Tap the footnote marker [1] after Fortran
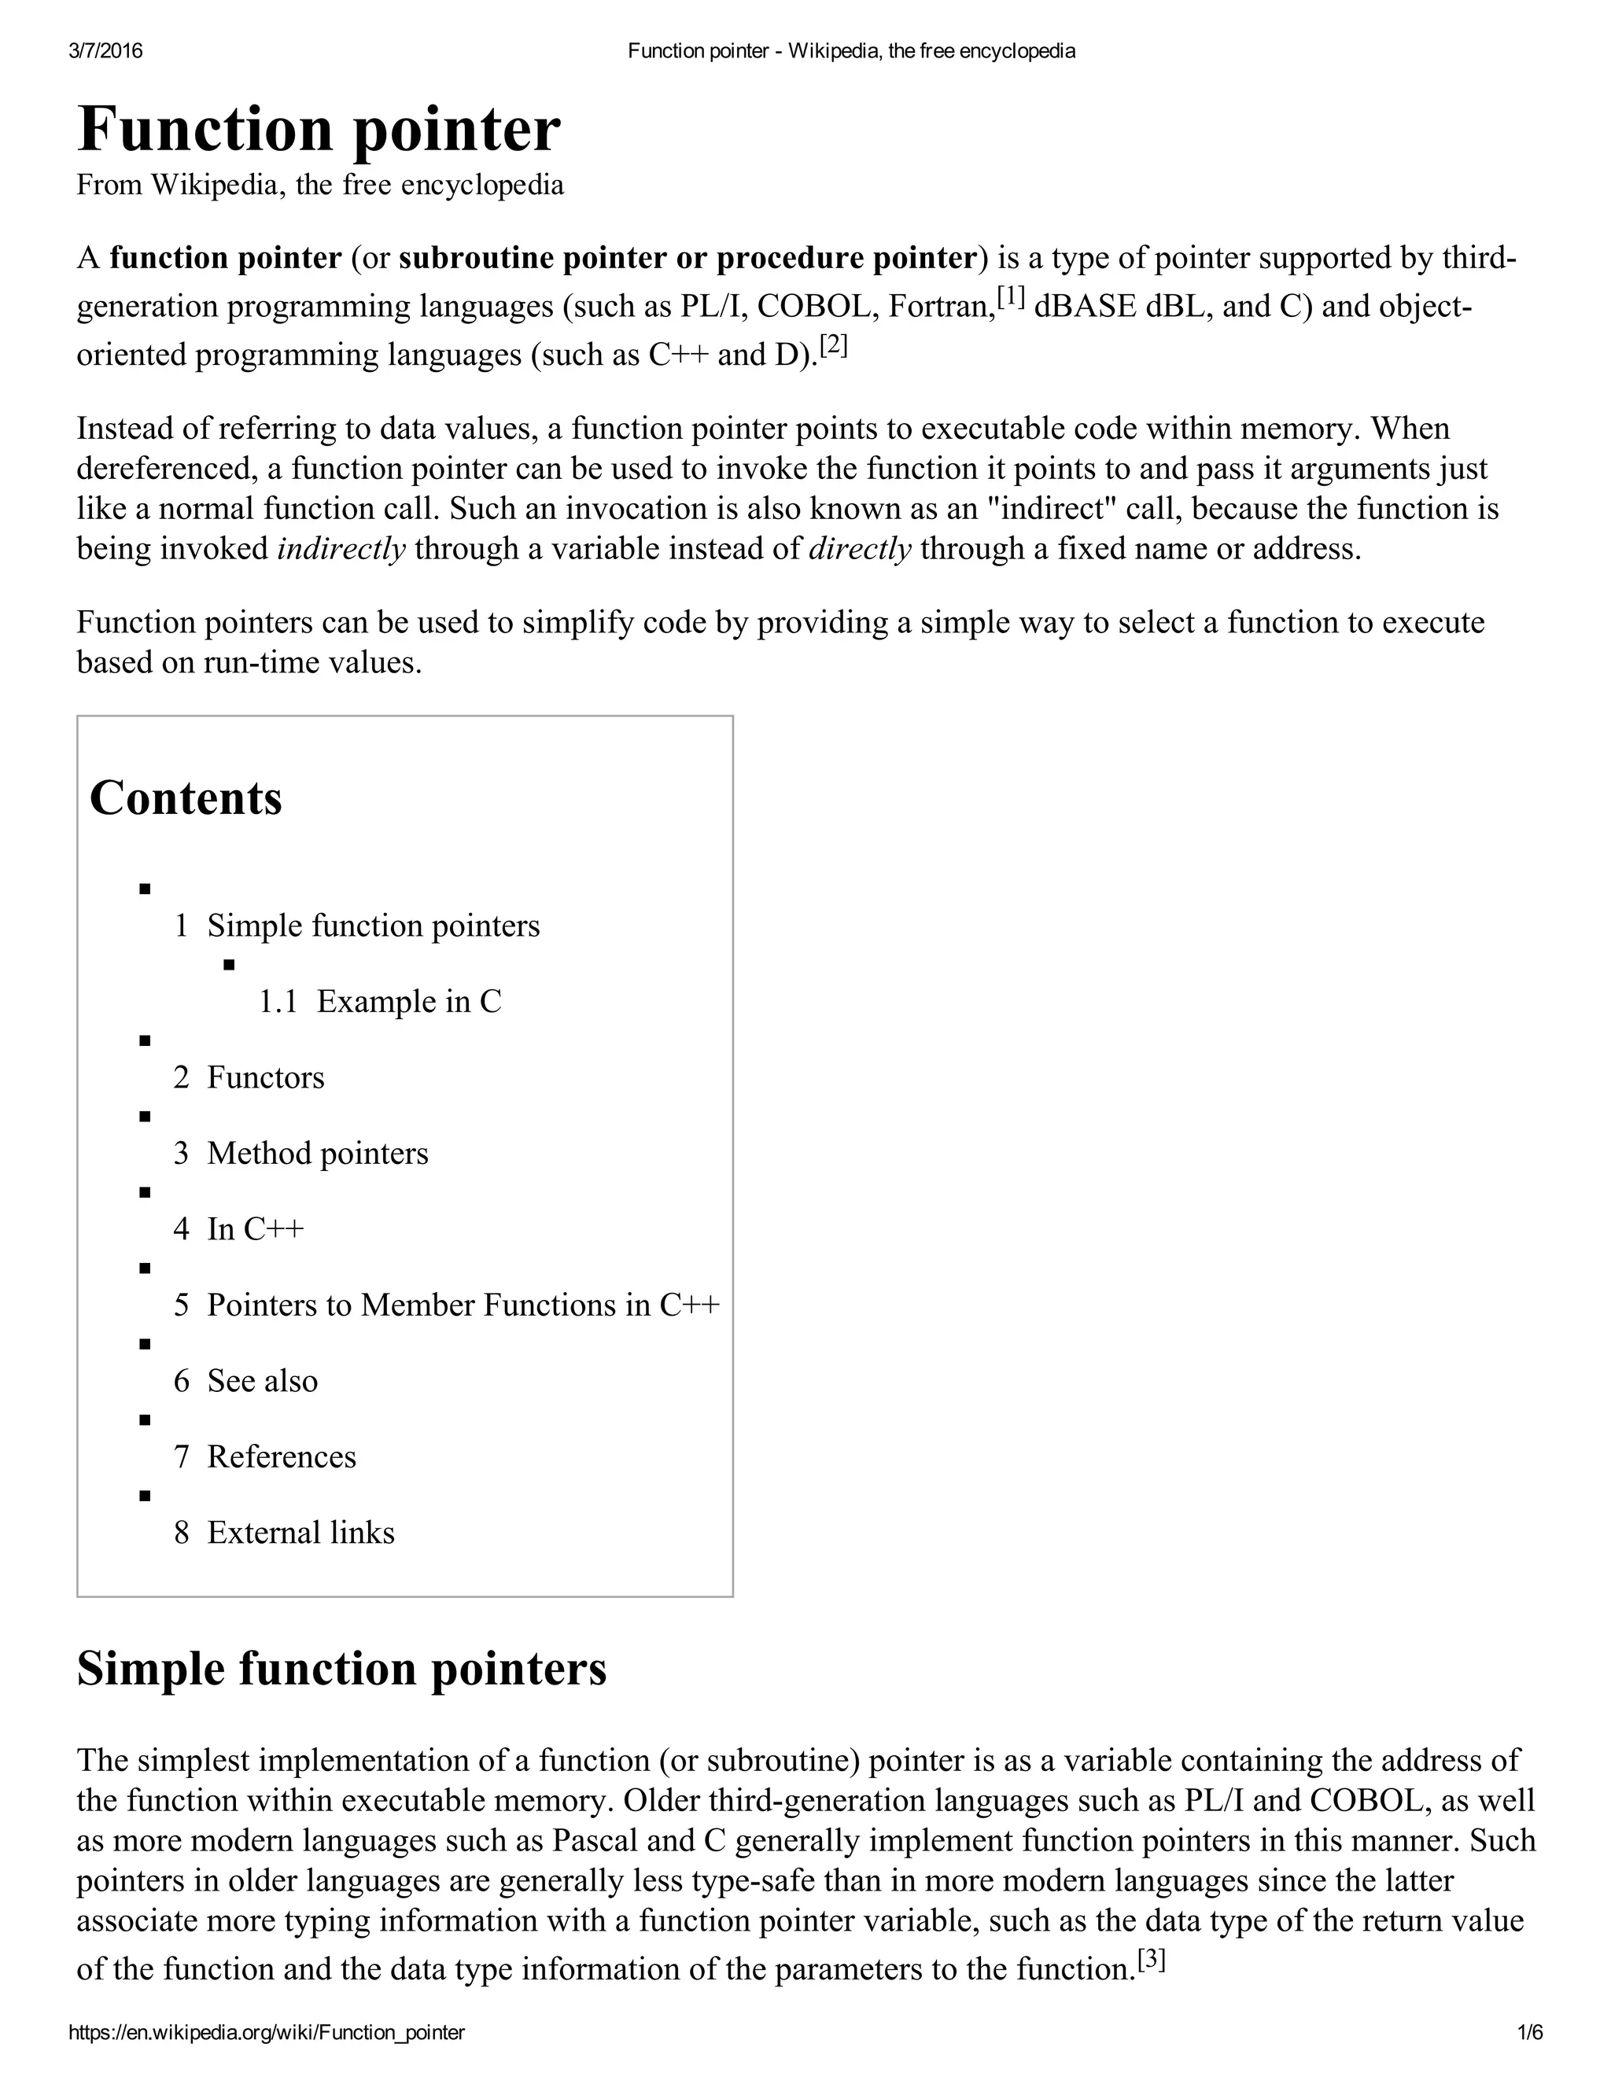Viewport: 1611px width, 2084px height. pyautogui.click(x=1011, y=299)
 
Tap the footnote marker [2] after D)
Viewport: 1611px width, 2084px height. pyautogui.click(x=833, y=345)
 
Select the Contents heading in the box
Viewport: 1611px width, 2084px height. pyautogui.click(x=186, y=797)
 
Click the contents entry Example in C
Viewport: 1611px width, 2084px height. pyautogui.click(x=408, y=1001)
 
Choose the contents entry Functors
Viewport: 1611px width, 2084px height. pyautogui.click(x=265, y=1077)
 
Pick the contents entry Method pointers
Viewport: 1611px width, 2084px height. pyautogui.click(x=317, y=1153)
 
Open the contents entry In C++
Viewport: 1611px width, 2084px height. pyautogui.click(x=255, y=1229)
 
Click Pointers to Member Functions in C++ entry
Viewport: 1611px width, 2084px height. pyautogui.click(x=463, y=1305)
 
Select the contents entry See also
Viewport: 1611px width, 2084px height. pyautogui.click(x=263, y=1381)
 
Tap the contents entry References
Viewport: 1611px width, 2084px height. pyautogui.click(x=282, y=1456)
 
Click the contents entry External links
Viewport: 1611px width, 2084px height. pyautogui.click(x=300, y=1533)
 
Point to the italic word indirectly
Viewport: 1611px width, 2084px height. pyautogui.click(x=341, y=550)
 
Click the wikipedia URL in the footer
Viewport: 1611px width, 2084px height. pyautogui.click(x=267, y=2032)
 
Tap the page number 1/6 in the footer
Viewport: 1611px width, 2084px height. pyautogui.click(x=1529, y=2032)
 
